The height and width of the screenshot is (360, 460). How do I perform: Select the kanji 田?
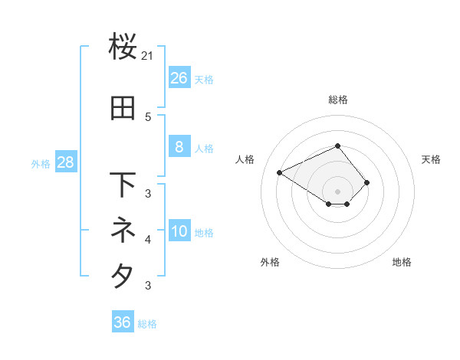(x=123, y=110)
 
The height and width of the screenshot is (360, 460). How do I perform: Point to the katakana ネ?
(x=123, y=229)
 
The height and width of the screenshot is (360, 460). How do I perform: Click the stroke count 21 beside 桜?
(x=148, y=56)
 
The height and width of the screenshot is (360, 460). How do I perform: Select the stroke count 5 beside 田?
(x=148, y=116)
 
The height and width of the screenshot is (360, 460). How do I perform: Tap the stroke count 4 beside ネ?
(x=148, y=240)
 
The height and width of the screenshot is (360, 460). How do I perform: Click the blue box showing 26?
(x=179, y=78)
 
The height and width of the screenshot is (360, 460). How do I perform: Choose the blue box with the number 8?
(x=179, y=147)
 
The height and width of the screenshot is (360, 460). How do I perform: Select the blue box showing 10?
(x=179, y=231)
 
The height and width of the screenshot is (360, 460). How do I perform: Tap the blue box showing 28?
(x=65, y=162)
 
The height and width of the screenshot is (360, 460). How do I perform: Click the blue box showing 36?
(x=122, y=322)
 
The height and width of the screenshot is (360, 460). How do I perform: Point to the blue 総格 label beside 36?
(x=147, y=324)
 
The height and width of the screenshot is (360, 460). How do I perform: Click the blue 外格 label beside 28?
(x=41, y=164)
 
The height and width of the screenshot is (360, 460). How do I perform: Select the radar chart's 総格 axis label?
(x=338, y=100)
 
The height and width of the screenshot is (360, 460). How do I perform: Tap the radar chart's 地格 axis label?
(x=402, y=262)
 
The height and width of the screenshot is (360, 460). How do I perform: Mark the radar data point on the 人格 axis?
(x=280, y=172)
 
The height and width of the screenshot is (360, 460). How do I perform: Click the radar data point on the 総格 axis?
(x=338, y=146)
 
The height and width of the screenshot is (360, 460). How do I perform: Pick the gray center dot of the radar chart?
(x=338, y=191)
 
